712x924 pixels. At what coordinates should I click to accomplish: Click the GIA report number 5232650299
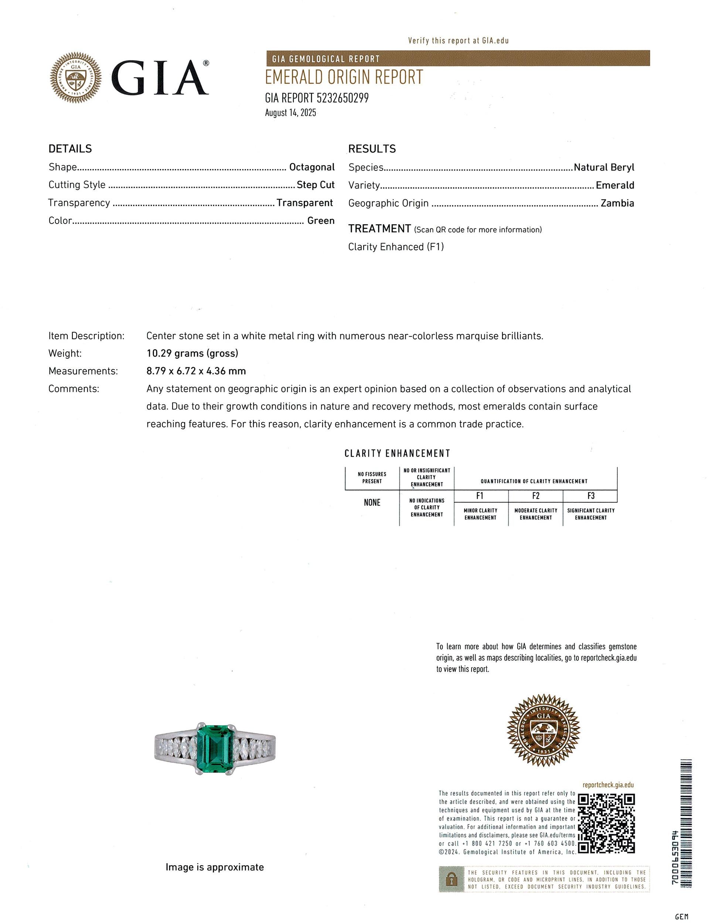pyautogui.click(x=342, y=98)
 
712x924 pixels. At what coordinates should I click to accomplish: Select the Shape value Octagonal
pyautogui.click(x=312, y=167)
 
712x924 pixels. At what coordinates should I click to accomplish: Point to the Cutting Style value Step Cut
pyautogui.click(x=316, y=185)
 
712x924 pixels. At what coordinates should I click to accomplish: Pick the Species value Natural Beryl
pyautogui.click(x=604, y=167)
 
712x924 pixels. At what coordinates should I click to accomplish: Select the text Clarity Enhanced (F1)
pyautogui.click(x=396, y=247)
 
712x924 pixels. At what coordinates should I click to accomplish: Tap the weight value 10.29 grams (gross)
pyautogui.click(x=193, y=353)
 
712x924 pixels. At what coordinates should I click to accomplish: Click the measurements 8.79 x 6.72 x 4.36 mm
pyautogui.click(x=196, y=371)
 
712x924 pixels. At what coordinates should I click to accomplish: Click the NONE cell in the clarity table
pyautogui.click(x=372, y=503)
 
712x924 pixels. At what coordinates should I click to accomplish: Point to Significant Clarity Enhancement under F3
pyautogui.click(x=590, y=514)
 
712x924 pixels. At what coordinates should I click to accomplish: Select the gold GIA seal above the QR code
pyautogui.click(x=544, y=730)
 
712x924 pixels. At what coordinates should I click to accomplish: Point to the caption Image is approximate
pyautogui.click(x=215, y=867)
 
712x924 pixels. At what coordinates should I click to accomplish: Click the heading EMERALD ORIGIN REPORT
pyautogui.click(x=344, y=77)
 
